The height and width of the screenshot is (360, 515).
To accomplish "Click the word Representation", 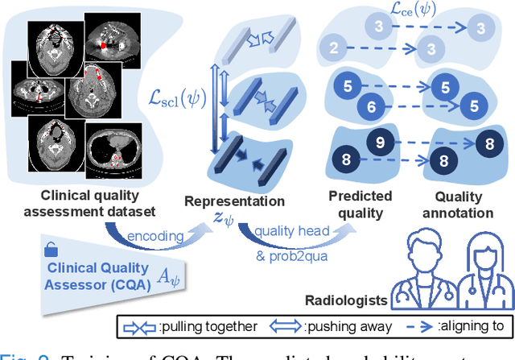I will pyautogui.click(x=234, y=200).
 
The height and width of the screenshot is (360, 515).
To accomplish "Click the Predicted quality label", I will pyautogui.click(x=360, y=204).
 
